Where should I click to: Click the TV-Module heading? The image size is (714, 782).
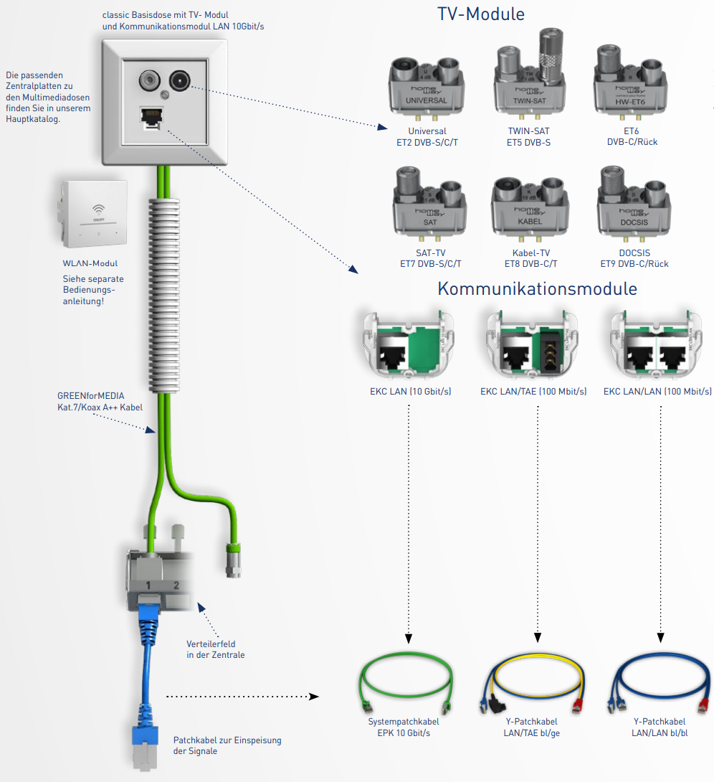[x=480, y=14]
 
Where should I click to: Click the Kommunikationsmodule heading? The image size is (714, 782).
[x=537, y=289]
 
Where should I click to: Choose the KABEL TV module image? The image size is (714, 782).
[x=530, y=207]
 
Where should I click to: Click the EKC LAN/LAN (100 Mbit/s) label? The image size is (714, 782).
[x=657, y=392]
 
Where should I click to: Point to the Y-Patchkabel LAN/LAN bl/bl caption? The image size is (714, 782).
[x=659, y=727]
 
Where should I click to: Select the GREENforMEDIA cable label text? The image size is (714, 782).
[x=100, y=401]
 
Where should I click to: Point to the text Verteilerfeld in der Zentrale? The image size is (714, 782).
[x=215, y=649]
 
